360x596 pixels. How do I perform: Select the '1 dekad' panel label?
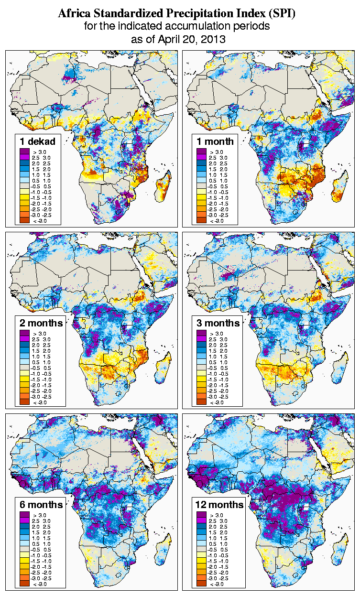click(38, 141)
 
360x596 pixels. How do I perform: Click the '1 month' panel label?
click(215, 141)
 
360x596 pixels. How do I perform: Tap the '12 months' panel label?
click(219, 505)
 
